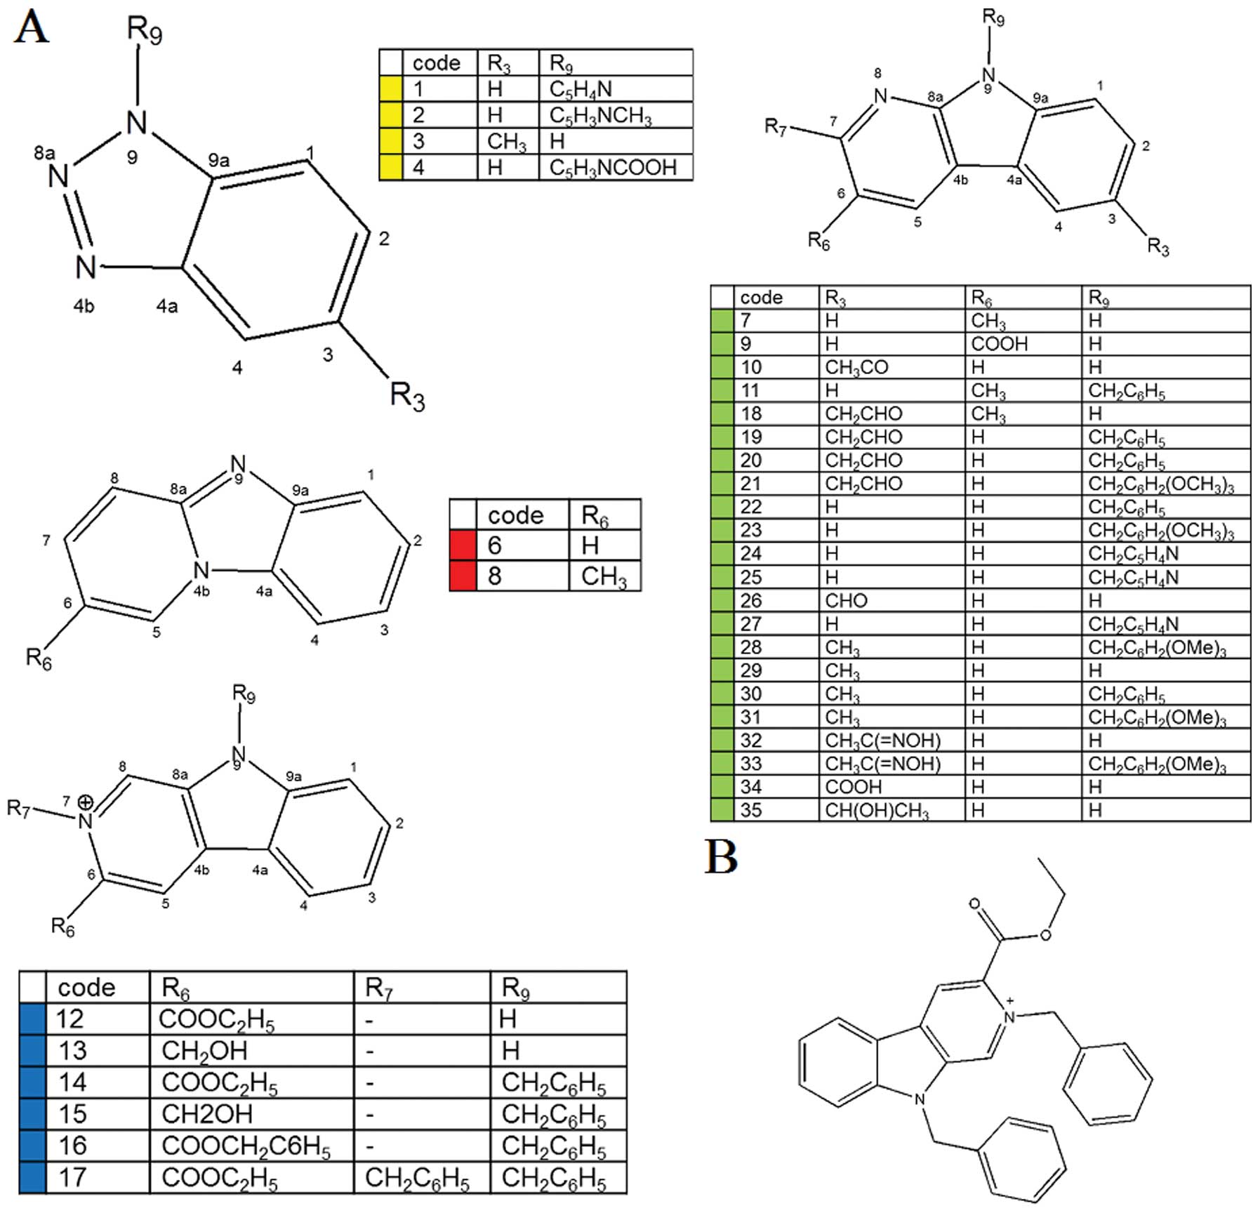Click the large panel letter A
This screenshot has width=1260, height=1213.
coord(32,29)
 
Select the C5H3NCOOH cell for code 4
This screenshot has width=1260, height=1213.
coord(613,168)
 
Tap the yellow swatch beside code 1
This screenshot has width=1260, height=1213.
coord(390,89)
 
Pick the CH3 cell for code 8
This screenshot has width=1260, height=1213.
coord(604,576)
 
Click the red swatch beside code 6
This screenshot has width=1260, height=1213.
coord(463,545)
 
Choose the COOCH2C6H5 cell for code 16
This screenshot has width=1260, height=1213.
coord(246,1146)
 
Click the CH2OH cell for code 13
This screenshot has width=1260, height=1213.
coord(204,1051)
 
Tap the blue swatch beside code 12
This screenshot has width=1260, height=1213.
coord(32,1019)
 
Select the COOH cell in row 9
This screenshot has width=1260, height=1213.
coord(999,344)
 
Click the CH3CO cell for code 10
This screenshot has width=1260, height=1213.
coord(856,367)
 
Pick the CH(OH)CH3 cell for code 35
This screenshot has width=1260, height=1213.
coord(877,811)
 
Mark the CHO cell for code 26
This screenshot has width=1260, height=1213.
coord(846,601)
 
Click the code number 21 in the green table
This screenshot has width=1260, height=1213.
coord(751,484)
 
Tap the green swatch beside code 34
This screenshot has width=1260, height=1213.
coord(722,787)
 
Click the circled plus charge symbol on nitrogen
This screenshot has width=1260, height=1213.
coord(86,802)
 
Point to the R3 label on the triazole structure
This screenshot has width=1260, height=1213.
coord(407,397)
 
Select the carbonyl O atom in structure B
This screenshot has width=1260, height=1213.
coord(974,903)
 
